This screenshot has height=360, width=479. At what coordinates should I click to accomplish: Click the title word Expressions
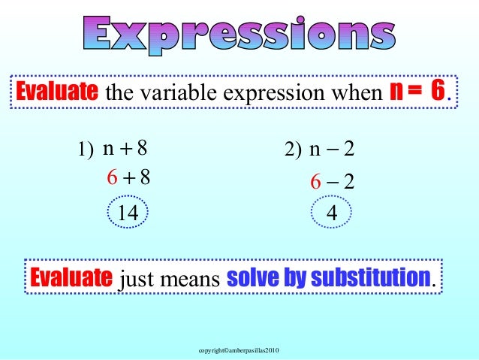pyautogui.click(x=238, y=34)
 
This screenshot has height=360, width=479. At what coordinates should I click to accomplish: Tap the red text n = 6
pyautogui.click(x=416, y=92)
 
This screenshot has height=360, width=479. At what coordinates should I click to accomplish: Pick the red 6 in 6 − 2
pyautogui.click(x=316, y=181)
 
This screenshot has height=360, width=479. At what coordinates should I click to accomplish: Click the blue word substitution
pyautogui.click(x=371, y=277)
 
